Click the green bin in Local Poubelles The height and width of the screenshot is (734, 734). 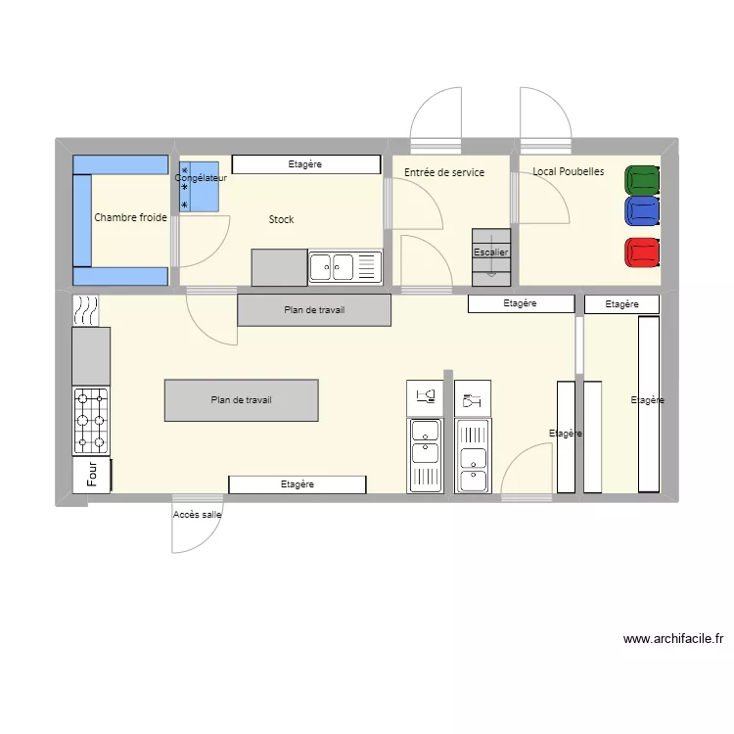pyautogui.click(x=642, y=179)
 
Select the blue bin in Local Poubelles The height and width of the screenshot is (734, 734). pyautogui.click(x=642, y=210)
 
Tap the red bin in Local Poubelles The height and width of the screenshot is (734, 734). pyautogui.click(x=642, y=252)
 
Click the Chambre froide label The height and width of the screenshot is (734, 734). pyautogui.click(x=130, y=217)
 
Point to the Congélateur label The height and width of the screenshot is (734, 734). pyautogui.click(x=201, y=178)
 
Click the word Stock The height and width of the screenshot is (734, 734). pyautogui.click(x=281, y=219)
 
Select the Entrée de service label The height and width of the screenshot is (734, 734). pyautogui.click(x=444, y=172)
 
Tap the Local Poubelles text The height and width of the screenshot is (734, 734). pyautogui.click(x=569, y=171)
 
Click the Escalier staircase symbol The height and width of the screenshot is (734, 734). pyautogui.click(x=491, y=256)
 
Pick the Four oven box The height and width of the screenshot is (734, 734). pyautogui.click(x=92, y=475)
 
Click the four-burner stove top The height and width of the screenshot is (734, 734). pyautogui.click(x=91, y=421)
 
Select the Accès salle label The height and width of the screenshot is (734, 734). pyautogui.click(x=198, y=514)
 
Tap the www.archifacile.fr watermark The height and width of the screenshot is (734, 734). pyautogui.click(x=673, y=639)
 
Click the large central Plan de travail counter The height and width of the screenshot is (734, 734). pyautogui.click(x=241, y=400)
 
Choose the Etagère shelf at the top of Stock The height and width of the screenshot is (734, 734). pyautogui.click(x=305, y=164)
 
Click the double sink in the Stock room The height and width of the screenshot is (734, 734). pyautogui.click(x=332, y=266)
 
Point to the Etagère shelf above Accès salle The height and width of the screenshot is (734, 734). pyautogui.click(x=298, y=484)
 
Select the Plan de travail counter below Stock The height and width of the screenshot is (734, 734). pyautogui.click(x=314, y=310)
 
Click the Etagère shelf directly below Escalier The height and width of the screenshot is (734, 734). pyautogui.click(x=521, y=304)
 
